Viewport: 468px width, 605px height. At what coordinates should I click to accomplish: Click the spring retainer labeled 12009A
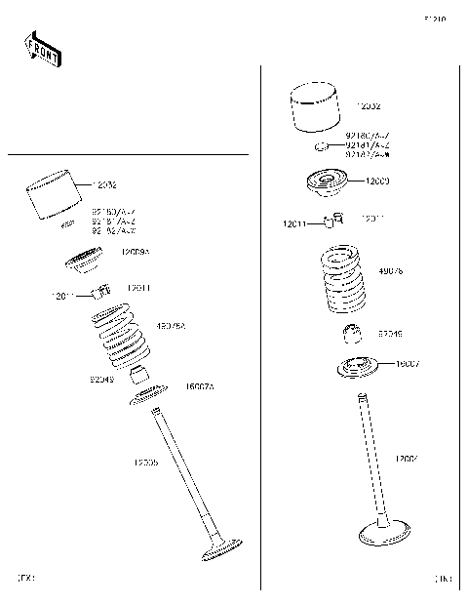click(88, 262)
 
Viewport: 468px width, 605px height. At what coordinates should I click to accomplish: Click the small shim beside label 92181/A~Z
click(319, 147)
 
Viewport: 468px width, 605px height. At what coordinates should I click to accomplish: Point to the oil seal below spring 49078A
click(140, 375)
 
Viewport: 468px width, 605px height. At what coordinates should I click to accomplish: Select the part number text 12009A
click(135, 252)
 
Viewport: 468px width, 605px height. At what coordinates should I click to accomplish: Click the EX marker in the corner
click(26, 579)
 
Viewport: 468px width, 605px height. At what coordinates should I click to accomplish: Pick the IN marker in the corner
click(444, 579)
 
